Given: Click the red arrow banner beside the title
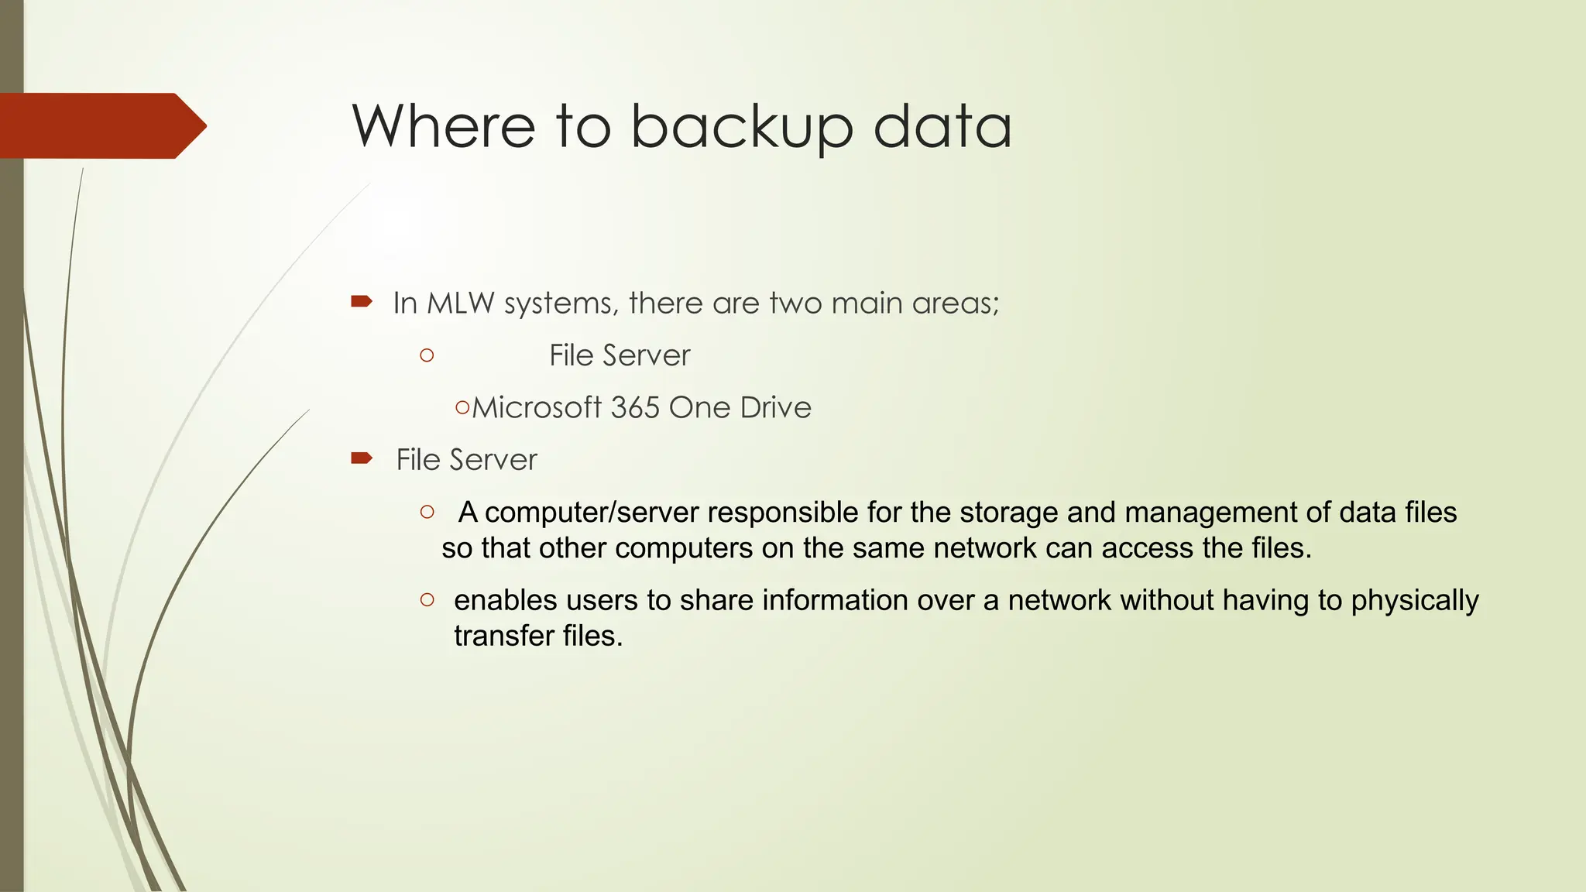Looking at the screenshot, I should pyautogui.click(x=101, y=125).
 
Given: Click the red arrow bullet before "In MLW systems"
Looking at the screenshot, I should pyautogui.click(x=362, y=301).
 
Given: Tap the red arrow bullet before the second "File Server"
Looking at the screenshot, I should pyautogui.click(x=362, y=458).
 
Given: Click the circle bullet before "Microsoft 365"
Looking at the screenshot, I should pyautogui.click(x=462, y=407).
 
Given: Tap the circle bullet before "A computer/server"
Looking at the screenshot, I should pyautogui.click(x=427, y=512).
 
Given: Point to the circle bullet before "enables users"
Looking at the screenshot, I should pyautogui.click(x=427, y=599).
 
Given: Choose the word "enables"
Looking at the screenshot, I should pyautogui.click(x=506, y=600).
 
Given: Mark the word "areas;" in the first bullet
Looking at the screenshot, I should pyautogui.click(x=956, y=303).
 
